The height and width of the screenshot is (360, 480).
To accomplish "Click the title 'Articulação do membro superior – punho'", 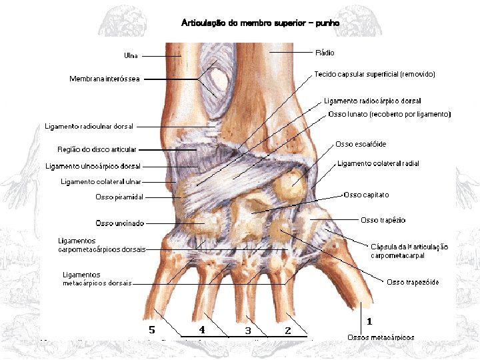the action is tap(261, 23).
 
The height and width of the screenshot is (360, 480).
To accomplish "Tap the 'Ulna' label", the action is tap(131, 55).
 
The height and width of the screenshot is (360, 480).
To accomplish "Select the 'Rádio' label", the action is tap(325, 52).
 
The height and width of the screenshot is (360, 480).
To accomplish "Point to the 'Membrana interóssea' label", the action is tap(105, 79).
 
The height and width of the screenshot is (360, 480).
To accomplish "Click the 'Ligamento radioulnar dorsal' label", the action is tap(89, 126).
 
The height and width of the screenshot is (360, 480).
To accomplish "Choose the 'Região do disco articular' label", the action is tap(97, 149).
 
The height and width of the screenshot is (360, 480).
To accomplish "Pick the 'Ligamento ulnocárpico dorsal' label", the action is tap(93, 166).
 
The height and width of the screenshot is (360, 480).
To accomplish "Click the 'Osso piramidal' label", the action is tap(119, 197).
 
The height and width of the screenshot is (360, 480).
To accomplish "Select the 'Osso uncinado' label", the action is tap(120, 223).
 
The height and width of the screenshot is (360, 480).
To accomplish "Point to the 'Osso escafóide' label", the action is tap(361, 144).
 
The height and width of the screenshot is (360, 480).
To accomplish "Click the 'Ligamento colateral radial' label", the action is tap(378, 163).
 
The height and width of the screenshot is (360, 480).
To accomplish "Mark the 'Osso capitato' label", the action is tap(366, 195).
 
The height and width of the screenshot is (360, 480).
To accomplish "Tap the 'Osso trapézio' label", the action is tap(383, 220).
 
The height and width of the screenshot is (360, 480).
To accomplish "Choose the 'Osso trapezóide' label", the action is tap(413, 282).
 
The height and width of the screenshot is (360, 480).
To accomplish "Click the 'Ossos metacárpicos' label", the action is tap(381, 337).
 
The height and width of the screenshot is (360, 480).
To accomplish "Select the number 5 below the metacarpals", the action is tap(152, 329).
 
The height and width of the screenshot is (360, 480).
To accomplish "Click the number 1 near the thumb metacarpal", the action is tap(369, 321).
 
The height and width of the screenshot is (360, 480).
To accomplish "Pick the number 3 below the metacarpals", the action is tap(248, 330).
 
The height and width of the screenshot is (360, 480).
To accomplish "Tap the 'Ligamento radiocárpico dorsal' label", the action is tap(372, 101).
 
